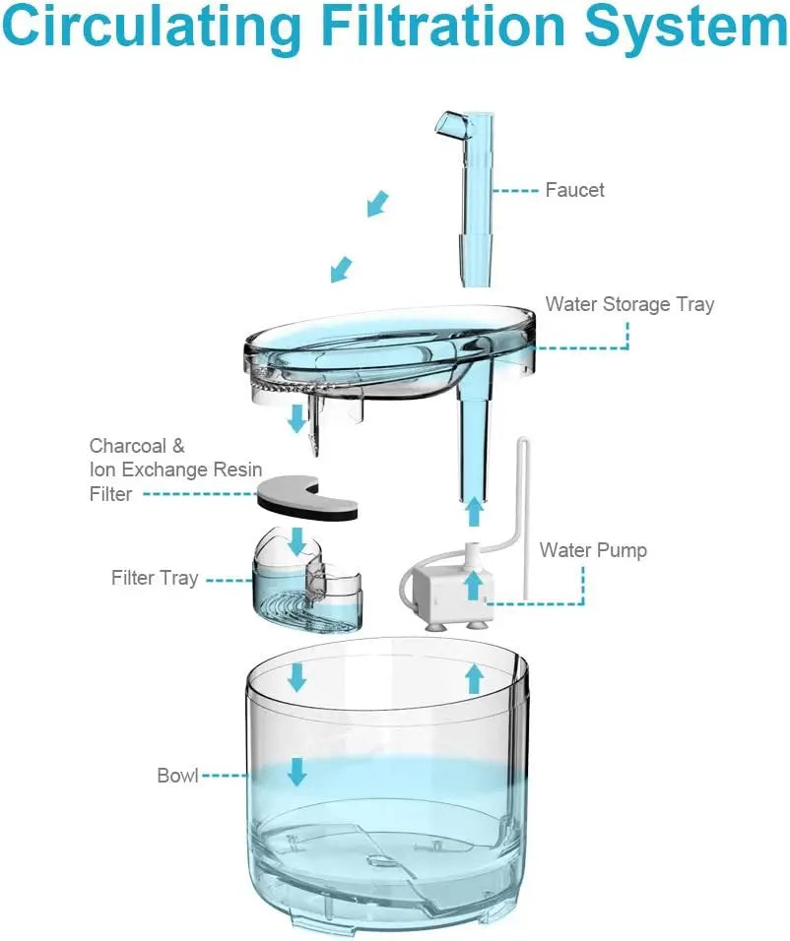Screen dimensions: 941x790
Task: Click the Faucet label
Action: click(574, 189)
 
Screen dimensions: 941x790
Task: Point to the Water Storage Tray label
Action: click(629, 304)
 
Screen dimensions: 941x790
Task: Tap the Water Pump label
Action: click(593, 549)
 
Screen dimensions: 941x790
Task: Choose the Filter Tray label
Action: click(155, 578)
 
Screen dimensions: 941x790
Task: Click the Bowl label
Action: click(177, 775)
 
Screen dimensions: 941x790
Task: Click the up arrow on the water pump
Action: click(473, 585)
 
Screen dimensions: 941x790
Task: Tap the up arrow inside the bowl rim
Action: click(474, 677)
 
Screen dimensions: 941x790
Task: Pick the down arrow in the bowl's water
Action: click(296, 772)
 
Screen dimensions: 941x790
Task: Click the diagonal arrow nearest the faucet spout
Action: click(376, 204)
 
